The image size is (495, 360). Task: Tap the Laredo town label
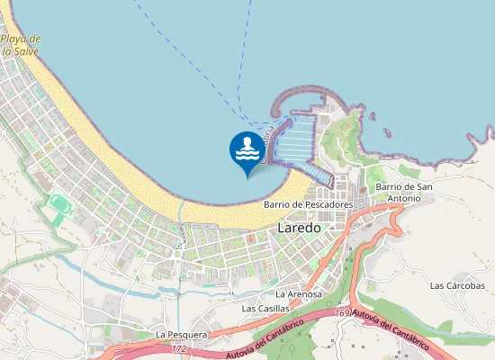(299, 228)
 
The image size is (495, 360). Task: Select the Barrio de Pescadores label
(308, 204)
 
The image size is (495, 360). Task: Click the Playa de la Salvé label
(20, 45)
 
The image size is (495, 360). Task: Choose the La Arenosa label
(298, 294)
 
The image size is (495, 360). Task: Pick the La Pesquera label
(182, 334)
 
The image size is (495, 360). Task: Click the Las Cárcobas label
(457, 285)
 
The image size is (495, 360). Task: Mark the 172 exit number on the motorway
(179, 347)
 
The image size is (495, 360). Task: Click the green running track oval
(59, 204)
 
